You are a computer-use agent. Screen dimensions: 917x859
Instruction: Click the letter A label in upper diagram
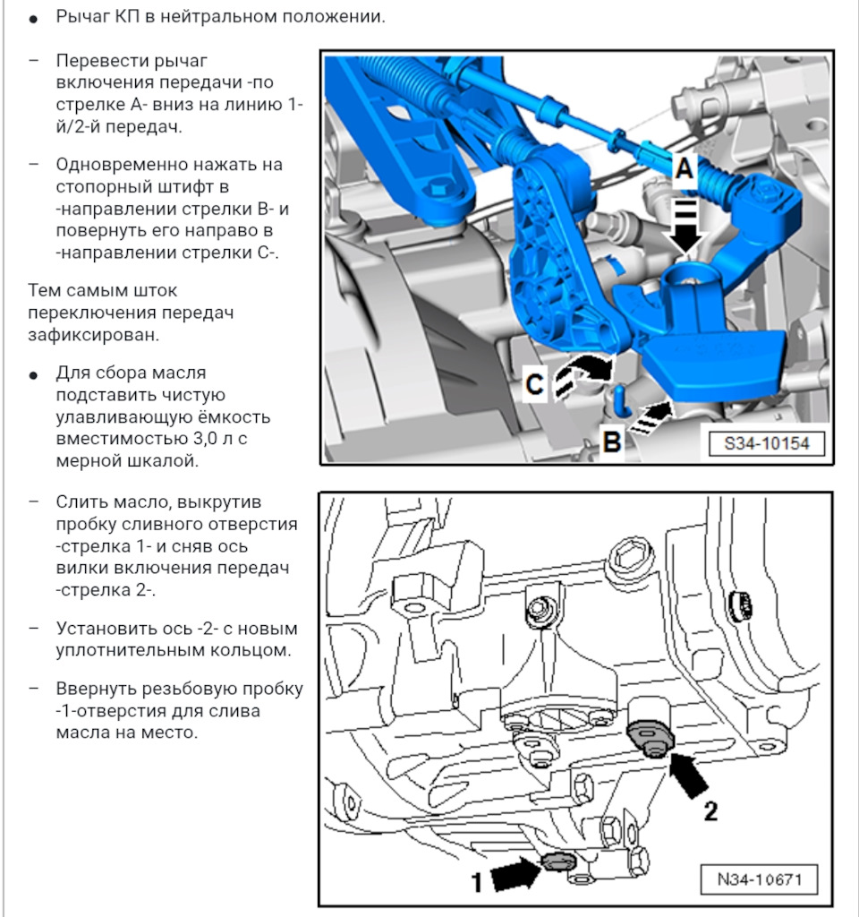[x=684, y=167]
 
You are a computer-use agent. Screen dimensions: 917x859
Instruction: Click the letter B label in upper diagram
[x=612, y=441]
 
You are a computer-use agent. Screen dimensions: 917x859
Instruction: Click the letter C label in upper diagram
[x=534, y=385]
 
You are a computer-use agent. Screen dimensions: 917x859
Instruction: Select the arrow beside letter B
[x=651, y=417]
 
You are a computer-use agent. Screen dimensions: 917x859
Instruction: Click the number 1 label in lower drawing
[x=477, y=882]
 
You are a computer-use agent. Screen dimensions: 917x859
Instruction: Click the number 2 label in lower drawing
[x=710, y=811]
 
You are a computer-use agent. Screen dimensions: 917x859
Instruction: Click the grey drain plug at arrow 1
[x=558, y=861]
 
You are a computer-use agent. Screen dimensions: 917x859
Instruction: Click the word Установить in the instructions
[x=103, y=628]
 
